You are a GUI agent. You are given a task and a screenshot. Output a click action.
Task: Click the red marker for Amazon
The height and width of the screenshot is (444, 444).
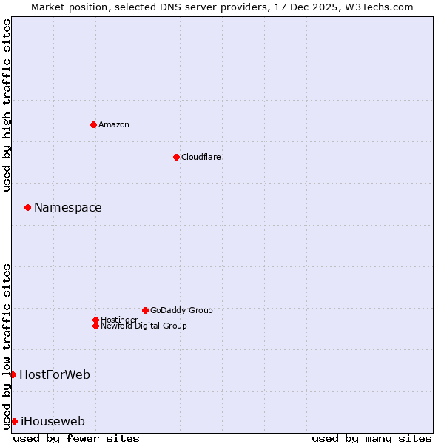click(x=93, y=124)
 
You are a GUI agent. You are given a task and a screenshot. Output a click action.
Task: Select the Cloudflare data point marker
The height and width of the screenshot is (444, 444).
click(x=176, y=157)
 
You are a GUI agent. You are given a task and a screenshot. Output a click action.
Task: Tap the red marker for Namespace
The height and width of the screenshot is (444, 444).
click(x=27, y=207)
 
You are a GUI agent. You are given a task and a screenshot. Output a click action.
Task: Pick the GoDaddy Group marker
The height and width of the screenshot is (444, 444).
click(x=145, y=310)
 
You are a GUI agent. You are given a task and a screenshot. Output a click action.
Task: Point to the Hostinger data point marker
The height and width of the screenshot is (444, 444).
click(x=95, y=320)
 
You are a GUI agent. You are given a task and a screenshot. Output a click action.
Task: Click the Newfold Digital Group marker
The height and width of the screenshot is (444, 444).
click(x=95, y=326)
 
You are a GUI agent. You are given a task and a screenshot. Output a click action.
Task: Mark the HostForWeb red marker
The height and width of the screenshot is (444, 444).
click(x=13, y=374)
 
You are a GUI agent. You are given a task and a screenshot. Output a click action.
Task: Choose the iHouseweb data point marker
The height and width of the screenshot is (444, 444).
click(x=14, y=421)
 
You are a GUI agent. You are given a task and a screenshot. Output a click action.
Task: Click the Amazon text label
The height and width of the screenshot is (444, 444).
click(x=114, y=124)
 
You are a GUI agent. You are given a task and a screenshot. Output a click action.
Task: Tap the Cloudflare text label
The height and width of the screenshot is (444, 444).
click(x=201, y=157)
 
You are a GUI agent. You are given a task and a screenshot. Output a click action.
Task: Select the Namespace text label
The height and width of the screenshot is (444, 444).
click(x=68, y=207)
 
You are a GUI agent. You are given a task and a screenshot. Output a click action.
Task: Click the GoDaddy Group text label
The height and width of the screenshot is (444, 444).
click(x=181, y=310)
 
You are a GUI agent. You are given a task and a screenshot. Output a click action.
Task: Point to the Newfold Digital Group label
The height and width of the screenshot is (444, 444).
click(x=144, y=326)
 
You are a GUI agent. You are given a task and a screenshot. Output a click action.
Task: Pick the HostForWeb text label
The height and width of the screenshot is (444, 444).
click(x=55, y=374)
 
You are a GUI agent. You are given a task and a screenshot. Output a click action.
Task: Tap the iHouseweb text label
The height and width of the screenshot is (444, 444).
click(x=53, y=421)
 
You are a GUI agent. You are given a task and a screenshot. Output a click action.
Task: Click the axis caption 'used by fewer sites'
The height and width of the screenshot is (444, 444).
click(x=76, y=438)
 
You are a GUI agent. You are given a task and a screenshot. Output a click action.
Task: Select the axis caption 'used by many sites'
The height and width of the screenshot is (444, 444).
click(x=371, y=438)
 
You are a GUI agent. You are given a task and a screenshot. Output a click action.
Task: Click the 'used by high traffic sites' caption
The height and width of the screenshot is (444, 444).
click(x=7, y=105)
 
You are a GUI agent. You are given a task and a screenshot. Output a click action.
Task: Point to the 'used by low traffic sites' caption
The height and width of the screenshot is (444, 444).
click(x=7, y=346)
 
